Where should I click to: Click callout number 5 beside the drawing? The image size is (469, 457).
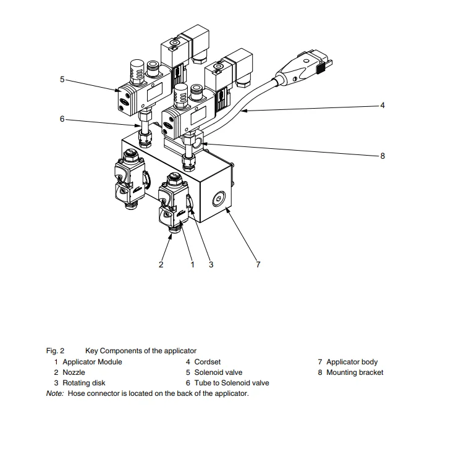pyautogui.click(x=62, y=79)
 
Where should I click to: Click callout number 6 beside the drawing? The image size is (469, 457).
pyautogui.click(x=62, y=119)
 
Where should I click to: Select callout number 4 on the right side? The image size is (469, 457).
pyautogui.click(x=382, y=106)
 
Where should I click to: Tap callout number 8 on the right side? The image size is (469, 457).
pyautogui.click(x=382, y=156)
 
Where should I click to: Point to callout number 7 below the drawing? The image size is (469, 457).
pyautogui.click(x=258, y=264)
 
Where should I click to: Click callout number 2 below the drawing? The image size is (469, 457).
pyautogui.click(x=161, y=264)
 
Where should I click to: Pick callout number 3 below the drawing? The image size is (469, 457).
pyautogui.click(x=211, y=264)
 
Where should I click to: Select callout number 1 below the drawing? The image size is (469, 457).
pyautogui.click(x=192, y=264)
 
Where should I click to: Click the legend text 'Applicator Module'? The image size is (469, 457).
pyautogui.click(x=92, y=362)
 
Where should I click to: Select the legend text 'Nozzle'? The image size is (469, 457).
pyautogui.click(x=74, y=372)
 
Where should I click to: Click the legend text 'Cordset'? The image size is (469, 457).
pyautogui.click(x=207, y=362)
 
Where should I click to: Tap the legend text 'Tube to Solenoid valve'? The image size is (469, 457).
pyautogui.click(x=232, y=383)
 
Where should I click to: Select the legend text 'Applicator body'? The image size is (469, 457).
pyautogui.click(x=352, y=362)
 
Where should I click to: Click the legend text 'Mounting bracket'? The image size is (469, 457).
pyautogui.click(x=355, y=372)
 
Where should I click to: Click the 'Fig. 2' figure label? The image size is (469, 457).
pyautogui.click(x=55, y=351)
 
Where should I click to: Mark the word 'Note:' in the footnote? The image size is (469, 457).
pyautogui.click(x=55, y=393)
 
